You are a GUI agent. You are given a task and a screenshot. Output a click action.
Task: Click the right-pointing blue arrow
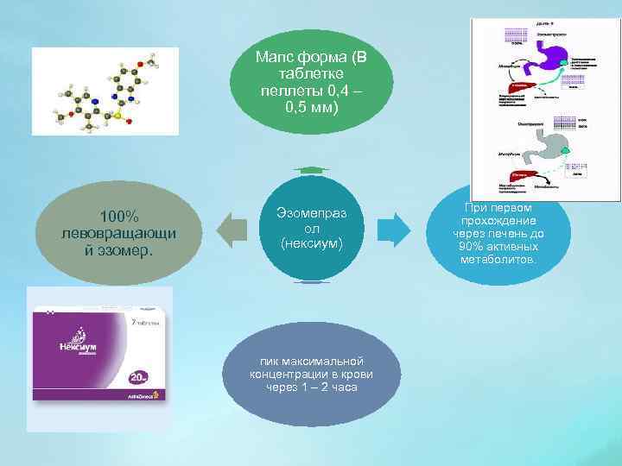395,230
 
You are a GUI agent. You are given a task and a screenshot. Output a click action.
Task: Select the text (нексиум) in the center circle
312,244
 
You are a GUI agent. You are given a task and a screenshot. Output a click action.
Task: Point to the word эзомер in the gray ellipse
125,251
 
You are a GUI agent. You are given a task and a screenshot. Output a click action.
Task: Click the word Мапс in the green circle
274,58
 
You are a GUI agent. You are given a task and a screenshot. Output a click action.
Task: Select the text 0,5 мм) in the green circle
312,107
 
